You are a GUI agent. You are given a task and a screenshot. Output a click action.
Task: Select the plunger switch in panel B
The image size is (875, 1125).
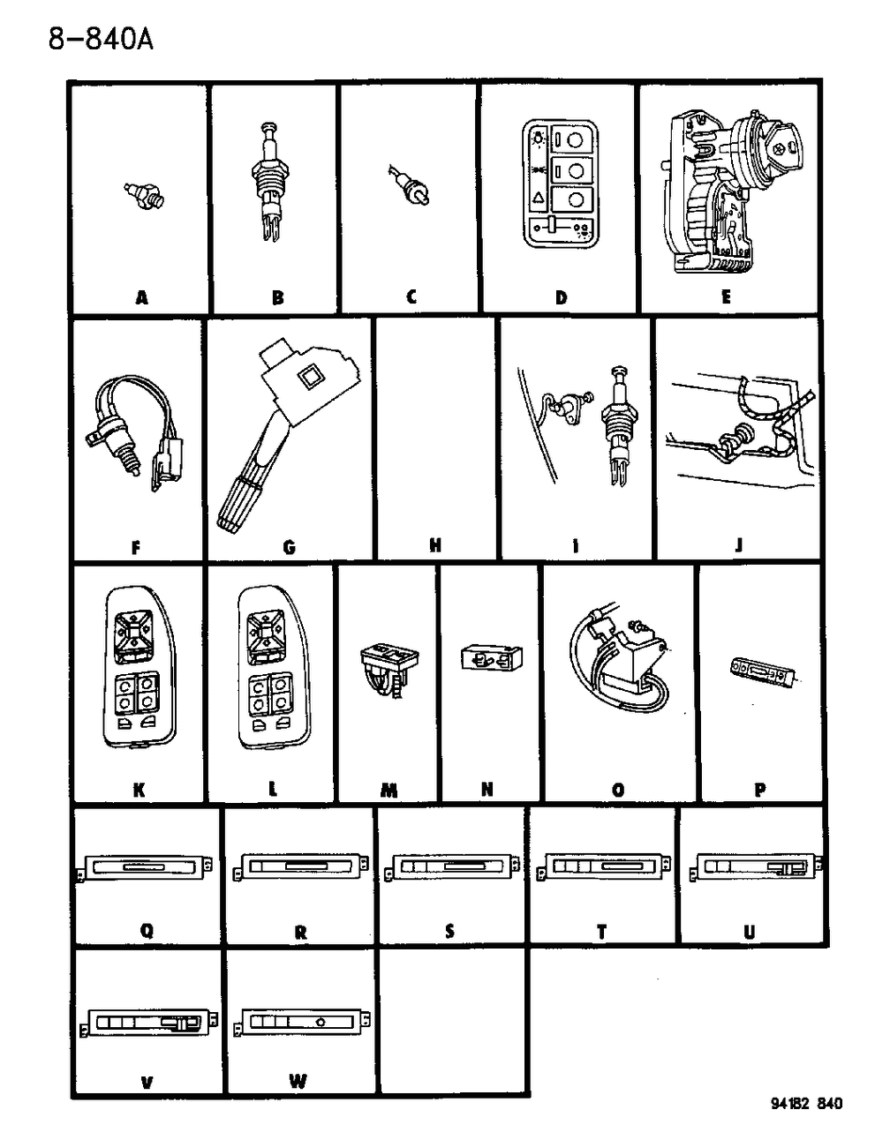point(270,187)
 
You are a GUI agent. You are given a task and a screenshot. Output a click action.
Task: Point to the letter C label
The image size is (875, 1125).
point(411,297)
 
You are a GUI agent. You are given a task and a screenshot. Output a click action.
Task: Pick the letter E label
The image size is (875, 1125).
point(725,297)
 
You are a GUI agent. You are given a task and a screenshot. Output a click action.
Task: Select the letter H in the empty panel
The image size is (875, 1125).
point(435,545)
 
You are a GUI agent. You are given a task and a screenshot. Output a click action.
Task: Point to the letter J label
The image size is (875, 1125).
point(738,545)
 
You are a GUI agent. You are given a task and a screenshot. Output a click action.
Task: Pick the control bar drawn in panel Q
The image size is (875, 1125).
point(146,868)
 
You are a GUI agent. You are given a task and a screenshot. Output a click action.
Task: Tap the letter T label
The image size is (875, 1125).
point(601,932)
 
